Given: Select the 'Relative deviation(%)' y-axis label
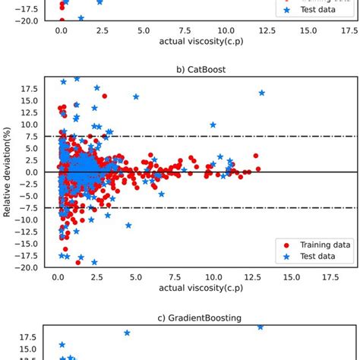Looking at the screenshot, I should coord(8,172).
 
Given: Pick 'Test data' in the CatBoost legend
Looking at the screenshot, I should coord(312,257).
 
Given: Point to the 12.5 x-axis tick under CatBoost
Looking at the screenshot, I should coord(246,277).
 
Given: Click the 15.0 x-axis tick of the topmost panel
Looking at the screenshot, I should coord(308,31).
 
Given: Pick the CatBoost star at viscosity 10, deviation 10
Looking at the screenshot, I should coord(213,125).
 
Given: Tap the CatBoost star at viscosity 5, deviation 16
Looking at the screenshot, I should coord(136,96).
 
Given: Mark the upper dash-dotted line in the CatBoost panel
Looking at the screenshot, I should coord(228,136).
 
